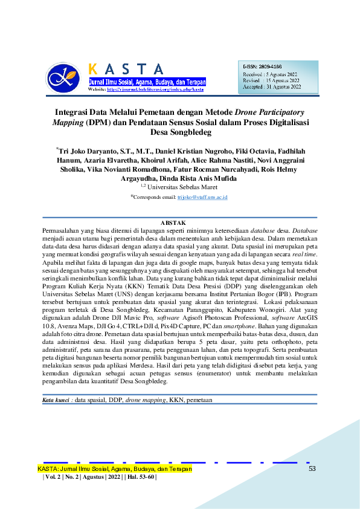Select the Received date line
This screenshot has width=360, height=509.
pos(270,74)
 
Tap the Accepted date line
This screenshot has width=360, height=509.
pos(271,87)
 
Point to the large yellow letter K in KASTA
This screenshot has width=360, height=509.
pos(94,69)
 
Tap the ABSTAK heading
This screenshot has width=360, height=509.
pos(180,223)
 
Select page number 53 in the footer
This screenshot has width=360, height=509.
pos(312,468)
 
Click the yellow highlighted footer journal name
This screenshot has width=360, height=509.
pos(115,468)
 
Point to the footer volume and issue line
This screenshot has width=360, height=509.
pos(100,478)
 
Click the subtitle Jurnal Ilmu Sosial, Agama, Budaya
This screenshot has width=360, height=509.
pos(147,82)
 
